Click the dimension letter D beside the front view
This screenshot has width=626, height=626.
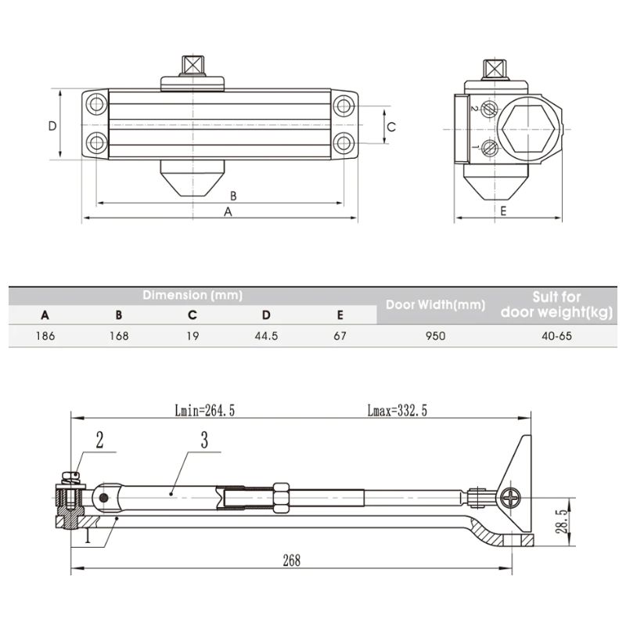coord(51,126)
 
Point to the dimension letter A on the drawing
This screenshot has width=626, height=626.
coord(228,212)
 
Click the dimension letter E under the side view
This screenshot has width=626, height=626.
coord(503,211)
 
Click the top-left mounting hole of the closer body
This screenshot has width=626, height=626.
coord(96,104)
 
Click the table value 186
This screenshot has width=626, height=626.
coord(45,336)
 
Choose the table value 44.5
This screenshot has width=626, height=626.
coord(266,336)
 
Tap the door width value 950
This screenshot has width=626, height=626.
coord(435,336)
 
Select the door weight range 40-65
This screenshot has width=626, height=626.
coord(556,336)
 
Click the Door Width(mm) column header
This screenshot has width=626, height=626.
coord(435,304)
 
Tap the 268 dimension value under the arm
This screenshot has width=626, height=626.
coord(290,561)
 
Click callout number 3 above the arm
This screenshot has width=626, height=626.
coord(203,441)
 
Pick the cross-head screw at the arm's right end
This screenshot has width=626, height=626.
coord(512,496)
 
